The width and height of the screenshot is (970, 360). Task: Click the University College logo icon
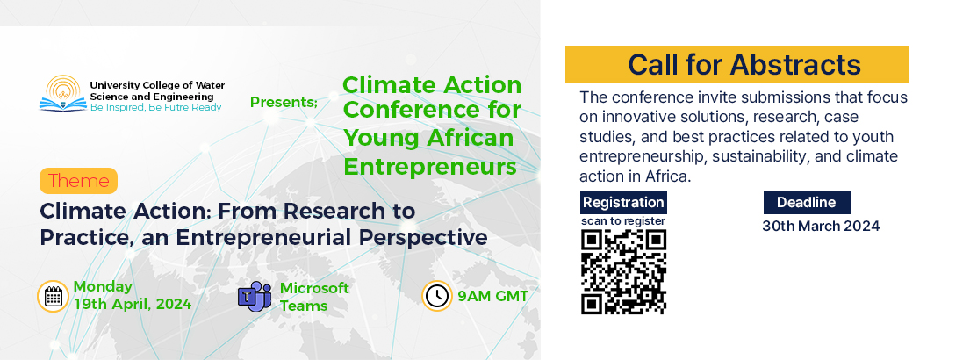pos(63,93)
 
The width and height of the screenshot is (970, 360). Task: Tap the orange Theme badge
pos(78,181)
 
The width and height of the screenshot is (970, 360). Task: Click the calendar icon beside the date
pos(54,296)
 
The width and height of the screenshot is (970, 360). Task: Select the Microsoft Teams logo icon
pos(255,296)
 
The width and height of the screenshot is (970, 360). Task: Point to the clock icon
pos(437,296)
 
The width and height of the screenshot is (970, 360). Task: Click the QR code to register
pos(623,271)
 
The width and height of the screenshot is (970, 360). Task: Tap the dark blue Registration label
pos(623,202)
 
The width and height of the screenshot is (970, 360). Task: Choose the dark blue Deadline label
pos(807,202)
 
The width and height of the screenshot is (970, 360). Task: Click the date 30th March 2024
pos(820,226)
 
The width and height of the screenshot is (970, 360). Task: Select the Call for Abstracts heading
pos(744,64)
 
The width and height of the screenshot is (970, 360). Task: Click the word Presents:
pos(284,102)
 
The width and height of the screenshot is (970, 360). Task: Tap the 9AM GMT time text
pos(493,296)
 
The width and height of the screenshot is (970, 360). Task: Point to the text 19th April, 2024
pos(133,305)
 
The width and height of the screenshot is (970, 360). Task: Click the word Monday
pos(103,286)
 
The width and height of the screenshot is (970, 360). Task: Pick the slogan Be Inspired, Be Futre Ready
pos(155,108)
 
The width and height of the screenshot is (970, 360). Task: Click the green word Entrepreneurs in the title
pos(430,167)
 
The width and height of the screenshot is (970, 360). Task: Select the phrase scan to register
pos(623,220)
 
